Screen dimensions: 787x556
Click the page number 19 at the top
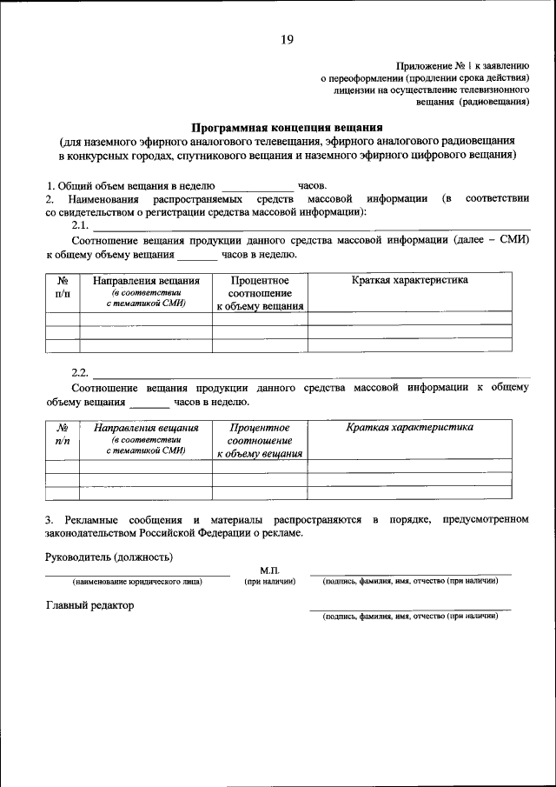point(287,39)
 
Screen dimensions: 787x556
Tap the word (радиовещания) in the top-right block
point(495,101)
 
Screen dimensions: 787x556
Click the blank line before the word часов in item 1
point(258,185)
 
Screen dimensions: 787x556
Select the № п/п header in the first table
point(63,288)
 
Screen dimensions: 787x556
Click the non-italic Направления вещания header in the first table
point(146,281)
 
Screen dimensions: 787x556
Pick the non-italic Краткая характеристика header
point(409,280)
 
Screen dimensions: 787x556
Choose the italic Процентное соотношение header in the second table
point(260,440)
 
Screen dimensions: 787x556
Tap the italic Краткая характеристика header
point(409,427)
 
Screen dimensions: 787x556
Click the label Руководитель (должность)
point(109,557)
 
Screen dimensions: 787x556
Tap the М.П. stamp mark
point(268,569)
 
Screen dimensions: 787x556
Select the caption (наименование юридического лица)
point(137,581)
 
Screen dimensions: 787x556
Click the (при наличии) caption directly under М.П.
point(270,581)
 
